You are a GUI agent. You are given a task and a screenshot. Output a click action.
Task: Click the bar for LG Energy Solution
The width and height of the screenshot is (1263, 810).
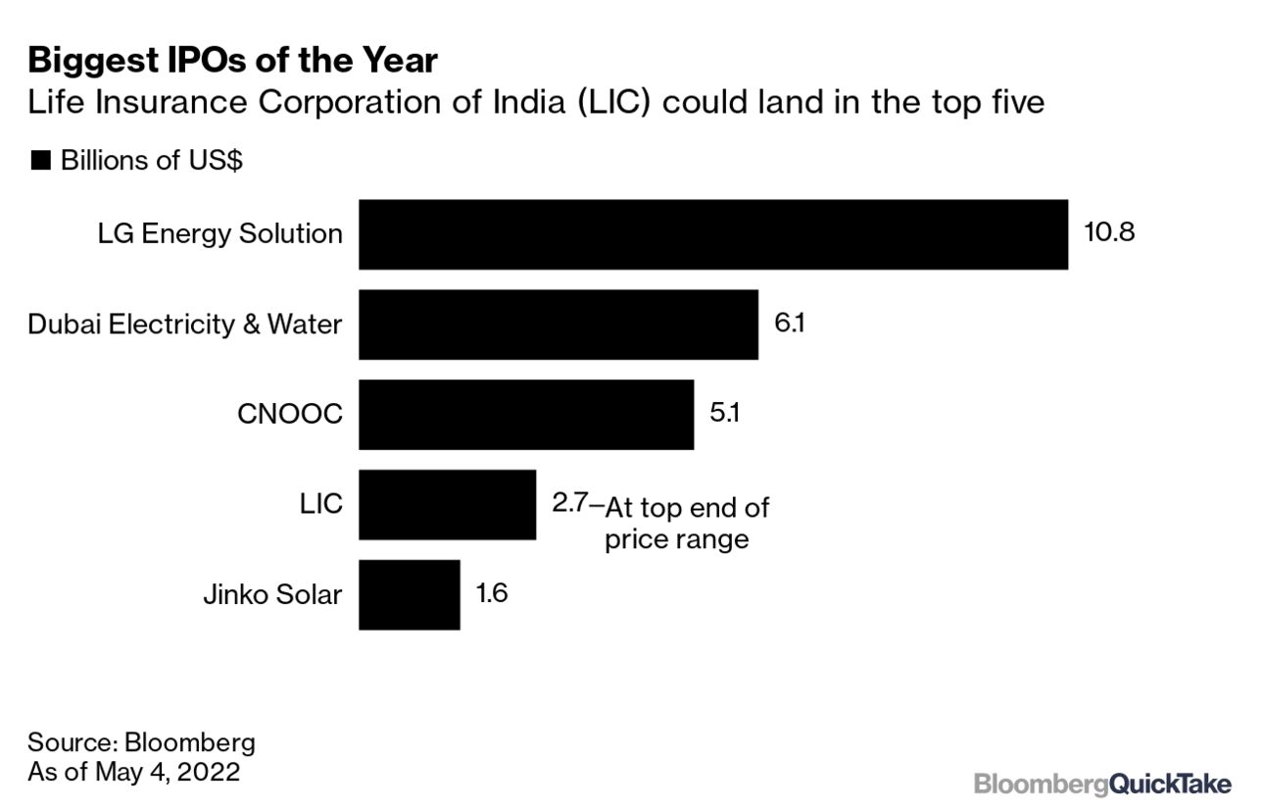coord(712,234)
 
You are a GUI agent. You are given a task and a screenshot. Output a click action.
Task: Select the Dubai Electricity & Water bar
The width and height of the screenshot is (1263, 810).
coord(558,325)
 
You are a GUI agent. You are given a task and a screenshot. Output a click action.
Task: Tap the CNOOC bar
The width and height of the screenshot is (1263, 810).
coord(525,415)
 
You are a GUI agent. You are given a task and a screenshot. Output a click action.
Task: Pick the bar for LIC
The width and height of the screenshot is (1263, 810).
coord(447,505)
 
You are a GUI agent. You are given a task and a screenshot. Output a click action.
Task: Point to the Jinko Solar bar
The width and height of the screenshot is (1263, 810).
coord(409,595)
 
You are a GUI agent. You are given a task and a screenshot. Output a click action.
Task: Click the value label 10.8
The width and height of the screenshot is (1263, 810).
coord(1109,233)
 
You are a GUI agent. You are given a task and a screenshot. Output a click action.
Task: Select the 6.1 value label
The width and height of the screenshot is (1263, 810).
coord(789,324)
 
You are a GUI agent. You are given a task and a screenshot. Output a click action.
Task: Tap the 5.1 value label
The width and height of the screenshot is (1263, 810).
coord(724,414)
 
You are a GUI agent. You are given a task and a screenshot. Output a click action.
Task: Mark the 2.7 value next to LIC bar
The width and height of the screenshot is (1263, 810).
coord(569,503)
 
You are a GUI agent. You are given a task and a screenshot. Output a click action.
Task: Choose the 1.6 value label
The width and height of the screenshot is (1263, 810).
coord(491,594)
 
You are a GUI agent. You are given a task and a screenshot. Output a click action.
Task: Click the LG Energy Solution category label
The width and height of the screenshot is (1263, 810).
coord(219,234)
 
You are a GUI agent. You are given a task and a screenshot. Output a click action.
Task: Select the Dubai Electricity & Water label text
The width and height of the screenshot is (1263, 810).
coord(185,325)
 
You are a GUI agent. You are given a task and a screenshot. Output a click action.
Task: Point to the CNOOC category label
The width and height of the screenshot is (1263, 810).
coord(290,415)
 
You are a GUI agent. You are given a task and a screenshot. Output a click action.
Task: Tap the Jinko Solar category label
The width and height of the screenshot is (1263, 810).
coord(272,595)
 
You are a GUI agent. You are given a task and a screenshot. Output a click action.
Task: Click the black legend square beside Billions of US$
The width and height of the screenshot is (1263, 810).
coord(40,161)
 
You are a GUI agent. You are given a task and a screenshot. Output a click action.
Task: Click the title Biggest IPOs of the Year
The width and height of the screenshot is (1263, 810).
coord(232,61)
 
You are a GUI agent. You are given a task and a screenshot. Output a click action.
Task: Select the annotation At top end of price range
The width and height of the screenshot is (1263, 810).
coord(685,523)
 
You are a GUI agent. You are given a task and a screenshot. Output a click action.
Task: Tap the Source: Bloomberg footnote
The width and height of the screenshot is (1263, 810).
coord(141,741)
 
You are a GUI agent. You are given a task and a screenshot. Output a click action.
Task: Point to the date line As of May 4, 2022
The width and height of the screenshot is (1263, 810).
coord(133,772)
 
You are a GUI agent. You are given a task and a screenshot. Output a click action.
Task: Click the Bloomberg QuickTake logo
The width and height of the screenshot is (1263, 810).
coord(1102,784)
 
